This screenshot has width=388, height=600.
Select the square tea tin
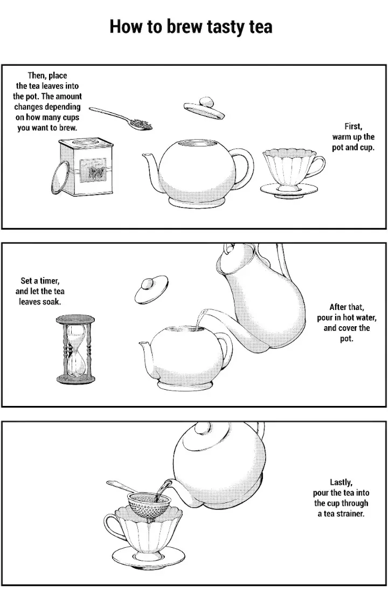point(86,167)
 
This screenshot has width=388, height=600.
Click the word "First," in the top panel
point(353,127)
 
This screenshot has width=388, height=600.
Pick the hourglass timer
point(75,349)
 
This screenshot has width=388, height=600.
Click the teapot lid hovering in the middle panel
point(151,289)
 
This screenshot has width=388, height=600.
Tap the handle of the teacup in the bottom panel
point(112,528)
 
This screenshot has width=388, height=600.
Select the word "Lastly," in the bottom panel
point(341,482)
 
